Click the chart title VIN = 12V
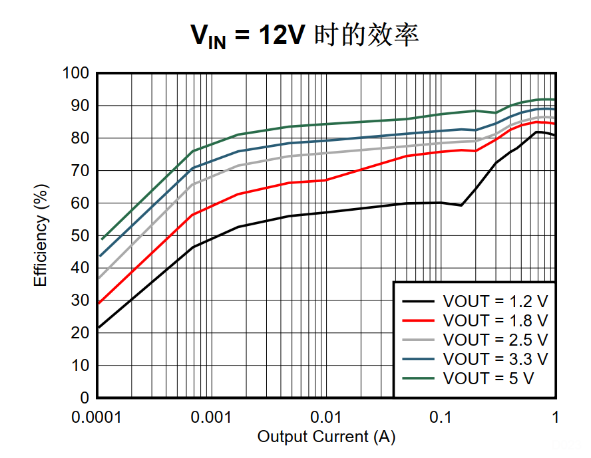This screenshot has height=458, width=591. (304, 35)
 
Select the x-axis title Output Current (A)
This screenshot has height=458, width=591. (326, 437)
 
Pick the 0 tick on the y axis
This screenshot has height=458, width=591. (85, 398)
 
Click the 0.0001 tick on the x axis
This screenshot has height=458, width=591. (97, 417)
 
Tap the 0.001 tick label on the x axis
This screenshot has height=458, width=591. (211, 417)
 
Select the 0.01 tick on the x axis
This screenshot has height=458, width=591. (326, 417)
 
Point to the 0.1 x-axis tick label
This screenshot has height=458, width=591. (441, 417)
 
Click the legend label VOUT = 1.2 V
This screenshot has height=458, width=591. (495, 300)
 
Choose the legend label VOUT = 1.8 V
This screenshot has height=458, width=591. (495, 320)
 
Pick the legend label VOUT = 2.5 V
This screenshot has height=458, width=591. (495, 340)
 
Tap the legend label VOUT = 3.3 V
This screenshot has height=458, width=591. (495, 359)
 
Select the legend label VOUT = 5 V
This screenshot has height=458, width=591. (489, 378)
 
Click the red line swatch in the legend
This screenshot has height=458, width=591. (419, 320)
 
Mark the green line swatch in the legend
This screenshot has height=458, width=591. (419, 378)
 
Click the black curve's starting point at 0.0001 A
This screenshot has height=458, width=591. (98, 327)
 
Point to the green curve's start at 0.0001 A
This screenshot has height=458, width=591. (102, 239)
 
